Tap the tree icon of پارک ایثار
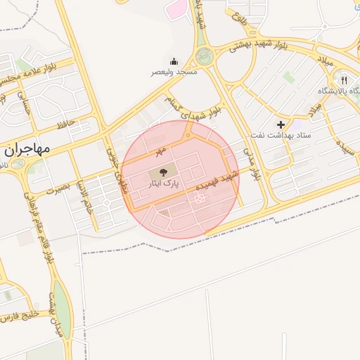coord(162,171)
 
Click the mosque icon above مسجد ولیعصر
coord(174,61)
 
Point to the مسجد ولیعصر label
coord(174,72)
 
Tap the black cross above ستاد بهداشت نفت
coord(281,124)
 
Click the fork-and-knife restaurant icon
coord(343,80)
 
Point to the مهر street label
coord(161,150)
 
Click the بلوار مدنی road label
coord(251,164)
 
